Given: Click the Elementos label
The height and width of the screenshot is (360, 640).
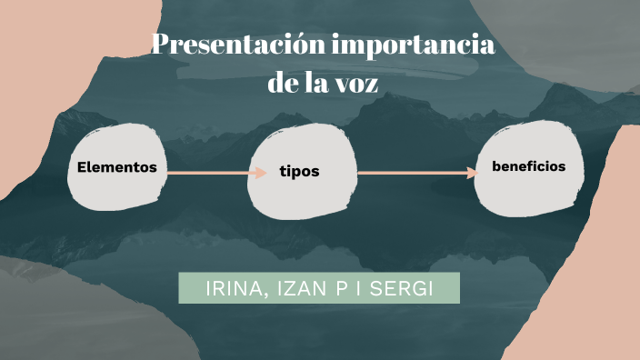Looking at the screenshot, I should pos(117,168).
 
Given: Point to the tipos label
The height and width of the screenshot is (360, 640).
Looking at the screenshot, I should pos(299,172).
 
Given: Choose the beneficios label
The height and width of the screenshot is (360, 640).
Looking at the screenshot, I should pos(528,166).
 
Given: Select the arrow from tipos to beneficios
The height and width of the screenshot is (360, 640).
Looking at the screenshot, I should pos(414,172).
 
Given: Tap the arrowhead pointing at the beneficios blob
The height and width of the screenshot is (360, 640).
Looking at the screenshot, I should pos(473,172).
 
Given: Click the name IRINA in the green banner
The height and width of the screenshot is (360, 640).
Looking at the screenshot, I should pos(232,288).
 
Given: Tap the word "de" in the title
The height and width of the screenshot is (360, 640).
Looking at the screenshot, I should pos(285,83).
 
